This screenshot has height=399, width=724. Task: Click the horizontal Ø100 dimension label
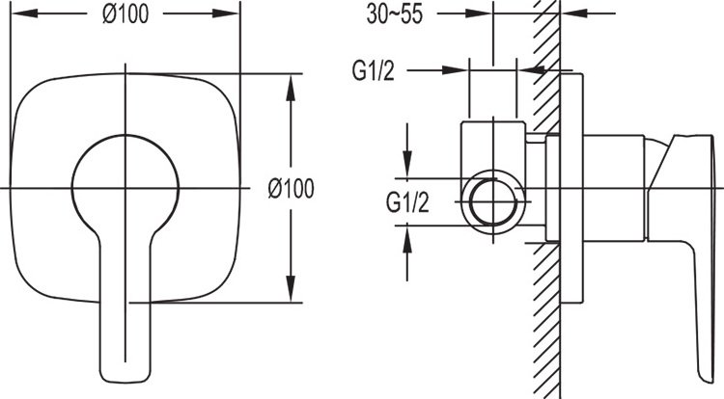click(x=125, y=13)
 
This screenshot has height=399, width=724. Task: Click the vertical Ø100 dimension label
click(x=291, y=189)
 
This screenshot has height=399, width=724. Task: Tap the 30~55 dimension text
click(x=394, y=13)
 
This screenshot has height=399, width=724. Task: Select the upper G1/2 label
click(x=373, y=71)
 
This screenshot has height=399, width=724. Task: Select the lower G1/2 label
click(x=407, y=202)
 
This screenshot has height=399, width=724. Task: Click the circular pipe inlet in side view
click(x=493, y=202)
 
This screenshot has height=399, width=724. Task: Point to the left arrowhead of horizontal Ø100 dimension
click(x=24, y=13)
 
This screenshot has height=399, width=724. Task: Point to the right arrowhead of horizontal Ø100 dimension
click(x=226, y=13)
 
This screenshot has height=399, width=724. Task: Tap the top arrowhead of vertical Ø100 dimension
click(x=291, y=87)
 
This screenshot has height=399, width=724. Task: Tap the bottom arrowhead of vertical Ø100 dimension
click(x=291, y=289)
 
